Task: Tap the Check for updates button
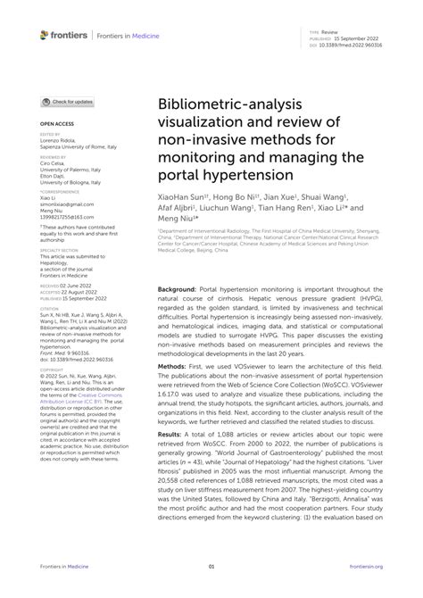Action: tap(67, 103)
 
